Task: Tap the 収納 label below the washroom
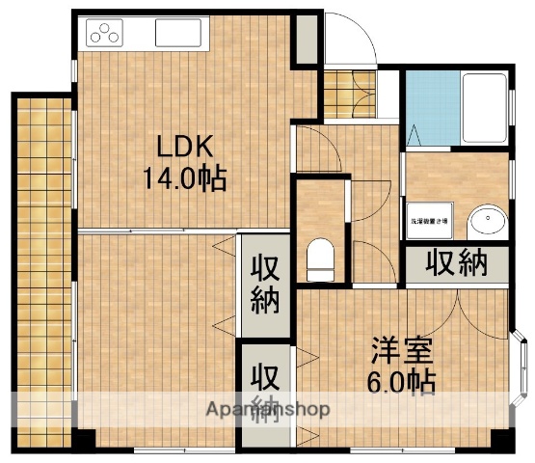[458, 263]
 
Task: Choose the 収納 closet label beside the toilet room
[265, 284]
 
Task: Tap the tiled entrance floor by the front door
[340, 94]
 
